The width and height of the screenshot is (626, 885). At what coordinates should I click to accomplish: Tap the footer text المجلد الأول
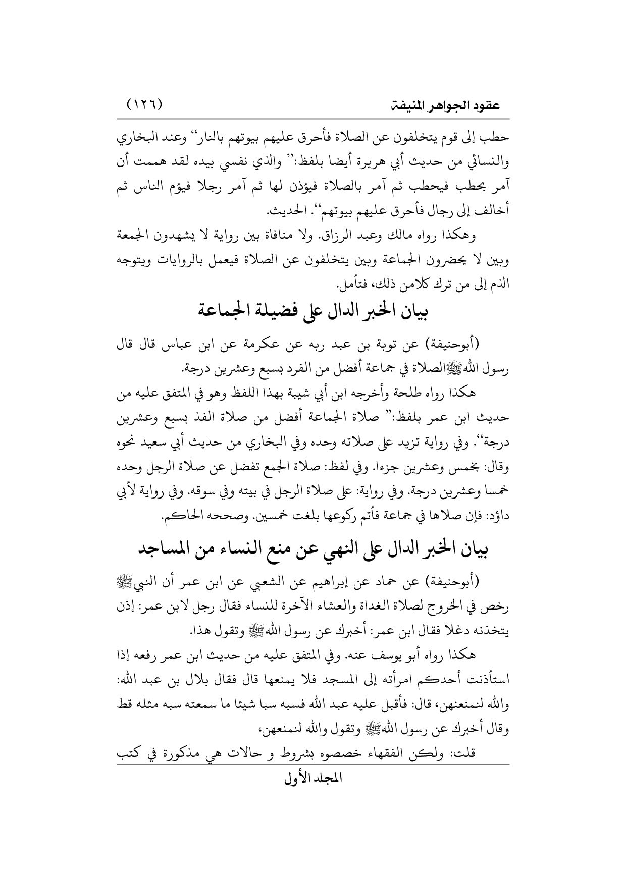pos(313,792)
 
